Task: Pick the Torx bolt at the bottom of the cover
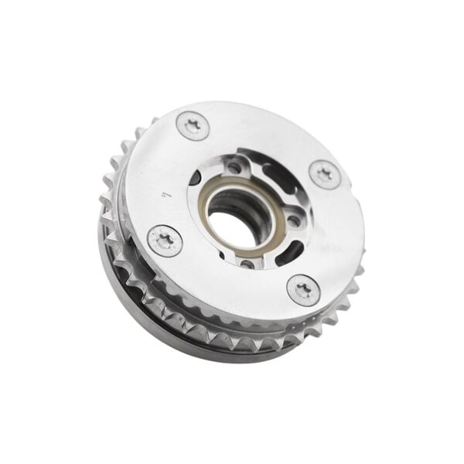[x=304, y=291]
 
